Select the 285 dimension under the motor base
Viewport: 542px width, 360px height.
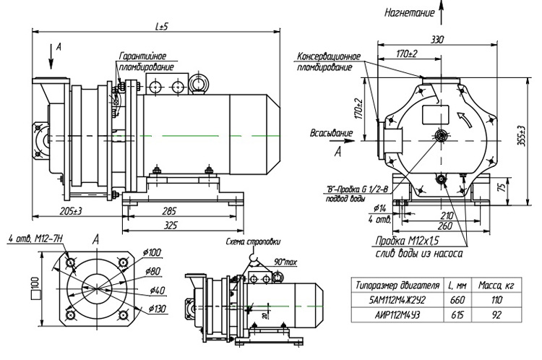pos(169,212)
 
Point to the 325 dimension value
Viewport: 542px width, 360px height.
pos(171,226)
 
